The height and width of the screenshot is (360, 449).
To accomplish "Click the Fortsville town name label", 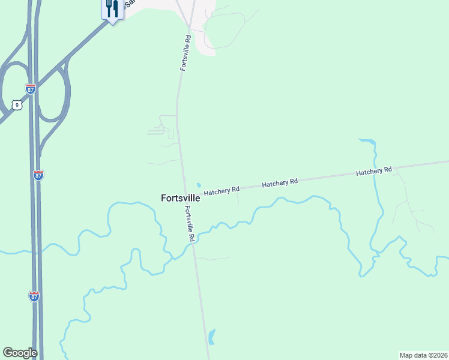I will tap(180, 197).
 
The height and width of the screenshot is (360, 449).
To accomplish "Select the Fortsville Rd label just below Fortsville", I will tap(190, 224).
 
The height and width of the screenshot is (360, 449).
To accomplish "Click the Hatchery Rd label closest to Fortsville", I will tap(221, 191).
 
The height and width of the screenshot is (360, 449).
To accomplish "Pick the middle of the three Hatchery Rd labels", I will tap(280, 182).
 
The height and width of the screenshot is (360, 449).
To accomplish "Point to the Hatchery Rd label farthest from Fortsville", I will tap(373, 172).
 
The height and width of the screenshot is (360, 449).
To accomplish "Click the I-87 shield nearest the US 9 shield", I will tap(31, 89).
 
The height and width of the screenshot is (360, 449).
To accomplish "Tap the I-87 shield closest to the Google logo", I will tap(34, 296).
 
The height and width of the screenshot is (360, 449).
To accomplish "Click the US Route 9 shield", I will tap(17, 105).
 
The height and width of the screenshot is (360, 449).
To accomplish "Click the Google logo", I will tap(20, 353).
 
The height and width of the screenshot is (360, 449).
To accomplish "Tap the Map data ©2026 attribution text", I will tap(423, 355).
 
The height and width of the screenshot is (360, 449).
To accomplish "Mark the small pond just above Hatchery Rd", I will tap(199, 185).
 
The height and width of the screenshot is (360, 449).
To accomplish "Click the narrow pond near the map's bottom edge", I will tap(211, 337).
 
